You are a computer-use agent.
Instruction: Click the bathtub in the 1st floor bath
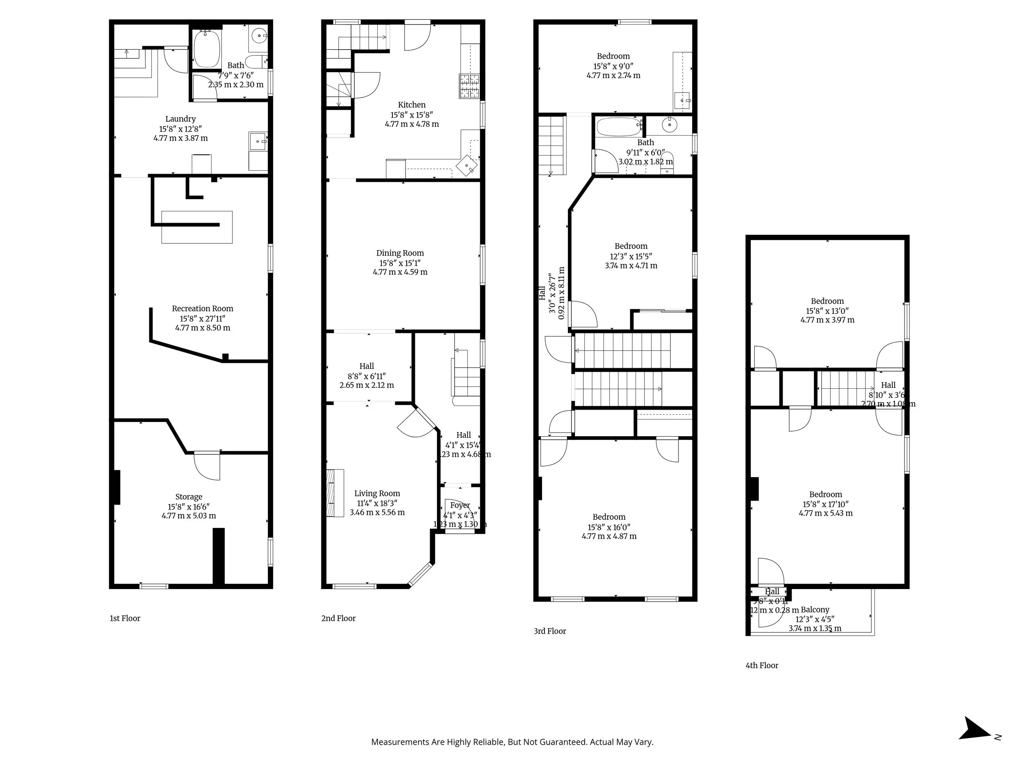click(207, 49)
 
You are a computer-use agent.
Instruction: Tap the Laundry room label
click(180, 119)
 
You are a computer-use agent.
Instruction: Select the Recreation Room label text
click(203, 309)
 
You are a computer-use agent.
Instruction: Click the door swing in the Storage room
click(207, 465)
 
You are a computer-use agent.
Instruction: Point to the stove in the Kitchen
click(469, 86)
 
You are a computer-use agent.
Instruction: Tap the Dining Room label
click(400, 253)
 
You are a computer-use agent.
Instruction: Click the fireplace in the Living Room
click(335, 493)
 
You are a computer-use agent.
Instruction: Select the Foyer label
click(460, 505)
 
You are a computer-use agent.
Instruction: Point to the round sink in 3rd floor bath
click(670, 125)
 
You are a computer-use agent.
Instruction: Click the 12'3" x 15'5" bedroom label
click(631, 256)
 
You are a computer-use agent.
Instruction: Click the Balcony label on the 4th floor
click(815, 609)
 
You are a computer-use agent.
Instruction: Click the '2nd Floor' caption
click(338, 618)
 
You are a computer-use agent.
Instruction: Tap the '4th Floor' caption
click(762, 666)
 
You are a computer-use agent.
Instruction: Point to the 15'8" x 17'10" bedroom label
click(825, 504)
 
